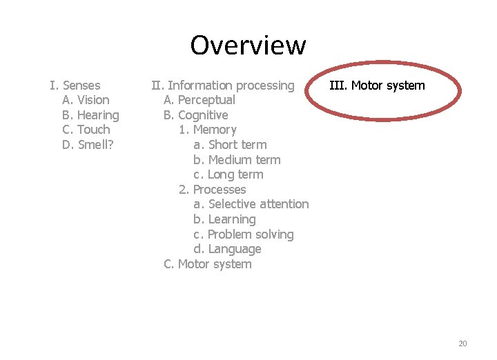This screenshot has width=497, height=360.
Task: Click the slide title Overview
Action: [248, 46]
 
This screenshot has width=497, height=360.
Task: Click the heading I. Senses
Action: [75, 86]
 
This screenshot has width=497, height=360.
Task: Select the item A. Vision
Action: [86, 100]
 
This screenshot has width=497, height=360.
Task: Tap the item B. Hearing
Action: [90, 115]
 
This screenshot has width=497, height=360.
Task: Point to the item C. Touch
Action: [86, 130]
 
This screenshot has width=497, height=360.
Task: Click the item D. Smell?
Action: [88, 145]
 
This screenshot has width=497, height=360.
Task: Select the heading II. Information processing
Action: [223, 86]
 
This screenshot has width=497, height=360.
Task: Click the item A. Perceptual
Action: [199, 100]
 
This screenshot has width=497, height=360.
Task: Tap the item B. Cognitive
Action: [196, 115]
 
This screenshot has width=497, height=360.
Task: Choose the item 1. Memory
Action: [208, 130]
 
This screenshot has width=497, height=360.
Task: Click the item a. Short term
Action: [230, 145]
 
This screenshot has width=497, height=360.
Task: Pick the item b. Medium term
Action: [237, 160]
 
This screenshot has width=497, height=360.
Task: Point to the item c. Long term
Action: [228, 174]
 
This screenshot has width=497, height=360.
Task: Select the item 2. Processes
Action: [213, 190]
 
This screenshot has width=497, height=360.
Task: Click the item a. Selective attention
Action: [251, 204]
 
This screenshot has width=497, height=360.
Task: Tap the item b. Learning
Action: [224, 219]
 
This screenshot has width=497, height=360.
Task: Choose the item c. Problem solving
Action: [244, 234]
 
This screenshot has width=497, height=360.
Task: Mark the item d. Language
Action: [227, 249]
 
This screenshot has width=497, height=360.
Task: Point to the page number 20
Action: [462, 343]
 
